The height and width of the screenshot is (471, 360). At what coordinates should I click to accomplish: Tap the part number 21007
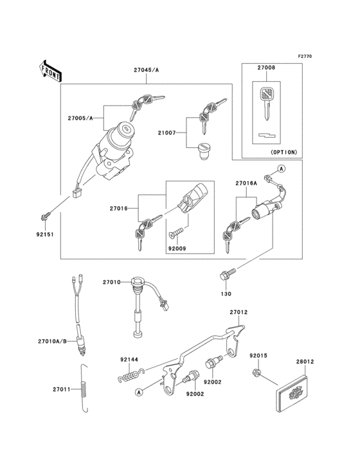168,132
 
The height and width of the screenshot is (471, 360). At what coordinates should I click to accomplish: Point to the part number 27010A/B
53,342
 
